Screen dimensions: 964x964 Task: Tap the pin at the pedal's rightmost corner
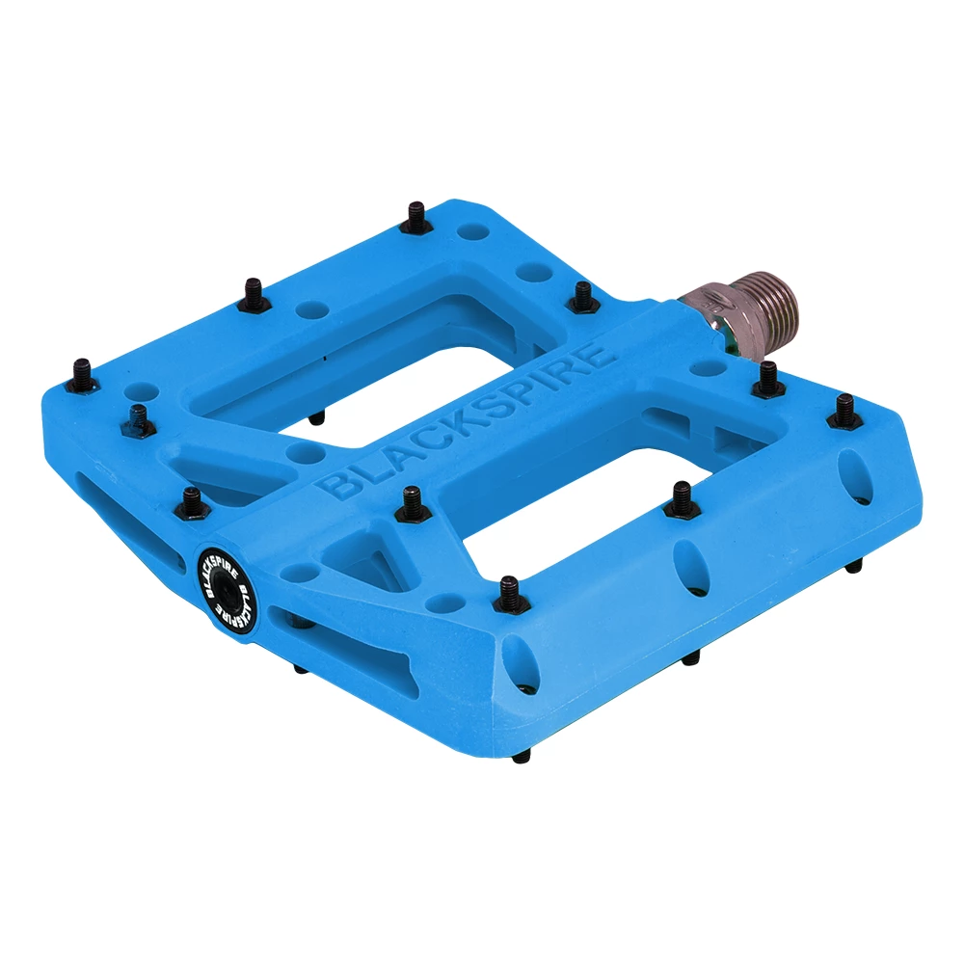tap(844, 412)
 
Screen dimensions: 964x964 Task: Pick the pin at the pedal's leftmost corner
tap(82, 374)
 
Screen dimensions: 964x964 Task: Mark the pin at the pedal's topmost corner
tap(416, 217)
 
